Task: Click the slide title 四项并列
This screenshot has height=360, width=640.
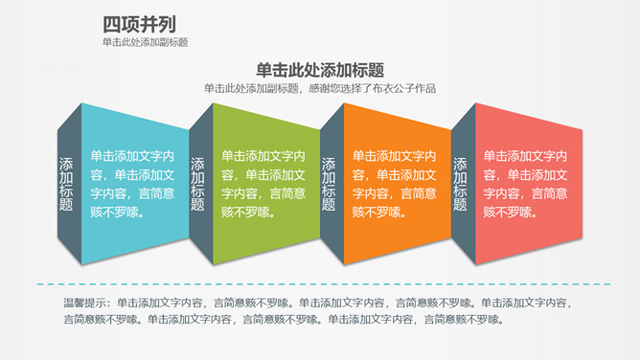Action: click(x=139, y=24)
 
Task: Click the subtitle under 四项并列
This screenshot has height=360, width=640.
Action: click(x=145, y=43)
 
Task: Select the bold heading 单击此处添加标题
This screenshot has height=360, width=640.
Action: click(x=320, y=70)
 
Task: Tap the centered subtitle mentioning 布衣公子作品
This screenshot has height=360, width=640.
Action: click(x=320, y=89)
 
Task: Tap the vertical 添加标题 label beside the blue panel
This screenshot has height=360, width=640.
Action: click(x=66, y=184)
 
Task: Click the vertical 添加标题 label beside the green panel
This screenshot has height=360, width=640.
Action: click(x=197, y=184)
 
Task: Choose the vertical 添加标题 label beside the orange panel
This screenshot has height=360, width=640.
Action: click(x=329, y=184)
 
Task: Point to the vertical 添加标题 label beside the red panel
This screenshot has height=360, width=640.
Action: click(x=460, y=184)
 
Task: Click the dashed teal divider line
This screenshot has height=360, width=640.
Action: click(x=320, y=284)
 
